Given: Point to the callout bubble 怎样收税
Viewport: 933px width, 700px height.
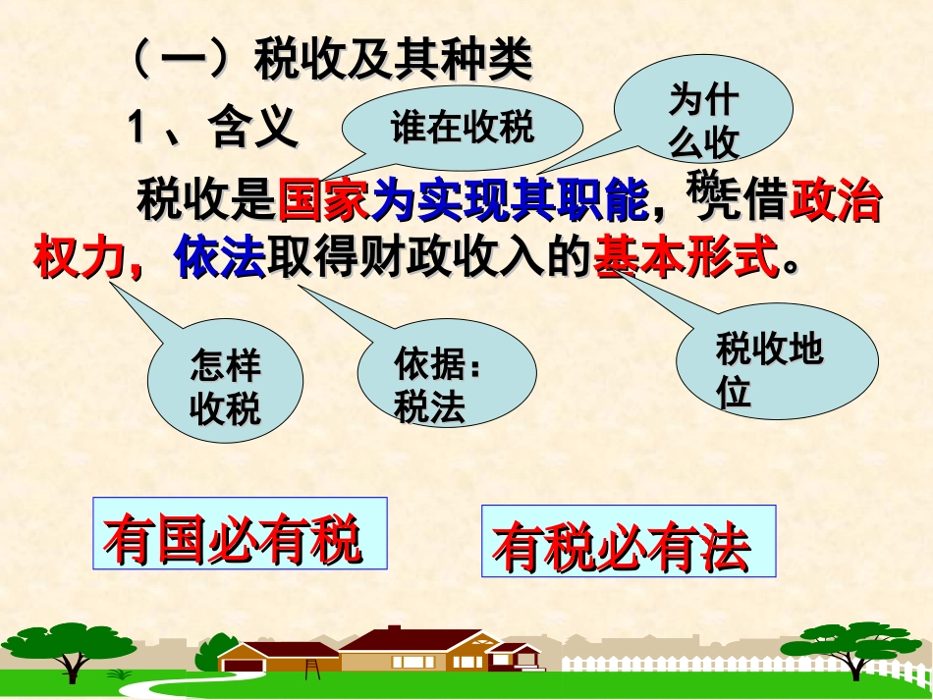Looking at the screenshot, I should tap(225, 387).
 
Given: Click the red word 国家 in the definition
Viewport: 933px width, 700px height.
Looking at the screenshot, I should tap(324, 200).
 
